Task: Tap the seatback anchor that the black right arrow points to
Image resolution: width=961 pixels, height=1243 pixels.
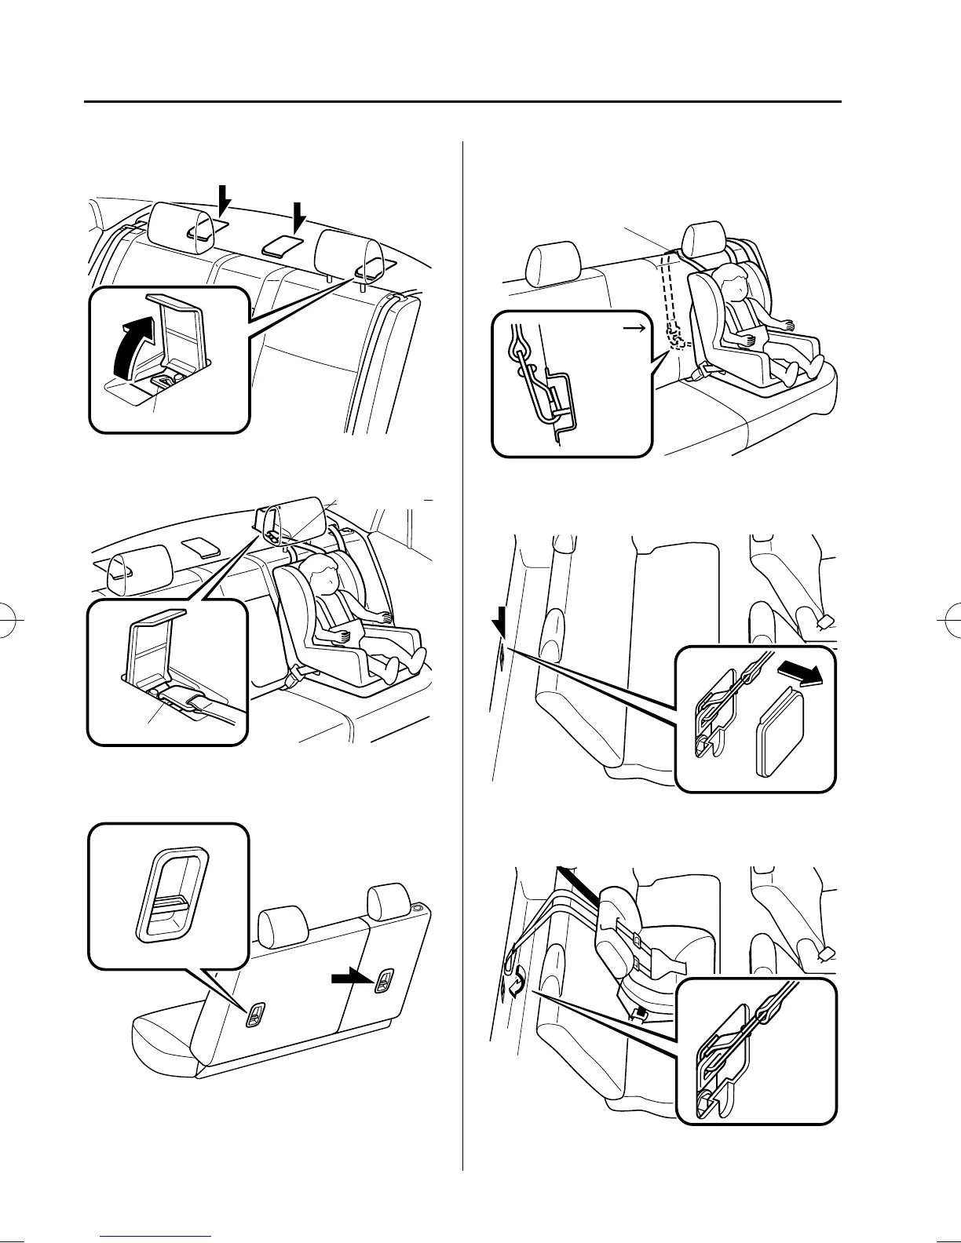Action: coord(385,981)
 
